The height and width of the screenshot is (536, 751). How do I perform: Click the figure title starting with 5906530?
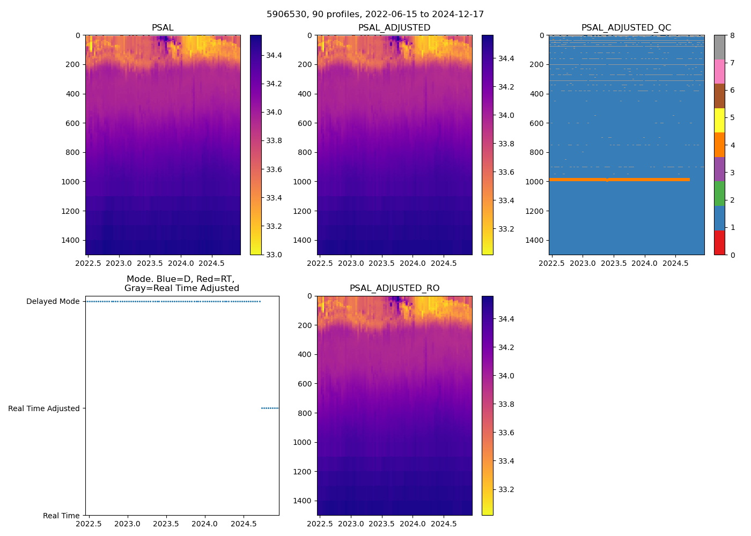coord(375,14)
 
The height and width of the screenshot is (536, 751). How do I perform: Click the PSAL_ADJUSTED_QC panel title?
coord(626,28)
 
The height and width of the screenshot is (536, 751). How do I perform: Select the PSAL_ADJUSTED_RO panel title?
coord(394,288)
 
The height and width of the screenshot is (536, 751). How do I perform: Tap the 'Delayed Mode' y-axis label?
coord(53,302)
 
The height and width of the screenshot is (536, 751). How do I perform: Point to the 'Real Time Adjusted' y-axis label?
coord(43,408)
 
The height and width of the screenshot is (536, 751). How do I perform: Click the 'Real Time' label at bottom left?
coord(61,516)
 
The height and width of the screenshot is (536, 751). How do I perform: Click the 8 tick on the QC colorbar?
coord(732,35)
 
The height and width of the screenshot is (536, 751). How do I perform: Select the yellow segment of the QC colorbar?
coord(719,121)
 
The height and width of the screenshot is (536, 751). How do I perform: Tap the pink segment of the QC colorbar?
coord(719,72)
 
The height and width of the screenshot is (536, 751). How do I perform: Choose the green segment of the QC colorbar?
coord(719,193)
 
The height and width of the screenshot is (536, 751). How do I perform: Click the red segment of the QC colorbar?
coord(719,242)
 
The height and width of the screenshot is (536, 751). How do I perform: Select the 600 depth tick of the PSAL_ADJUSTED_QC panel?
coord(538,123)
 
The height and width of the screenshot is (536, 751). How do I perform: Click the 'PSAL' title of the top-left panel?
coord(163,28)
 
